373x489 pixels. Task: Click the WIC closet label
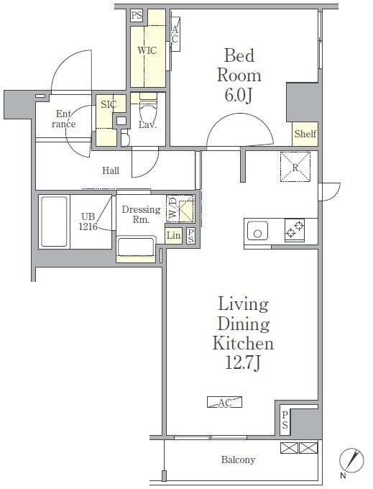coord(147,50)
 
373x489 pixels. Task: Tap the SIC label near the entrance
coord(109,104)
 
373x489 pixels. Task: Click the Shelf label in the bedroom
coord(305,134)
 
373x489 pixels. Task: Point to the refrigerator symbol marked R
coord(295,167)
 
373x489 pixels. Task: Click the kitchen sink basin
coord(257,231)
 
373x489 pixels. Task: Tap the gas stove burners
coord(295,230)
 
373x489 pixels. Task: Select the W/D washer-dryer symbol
coord(180,209)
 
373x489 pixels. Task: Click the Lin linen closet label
coord(173,235)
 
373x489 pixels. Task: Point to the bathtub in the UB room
coord(54,221)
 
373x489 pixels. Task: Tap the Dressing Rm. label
coord(141,214)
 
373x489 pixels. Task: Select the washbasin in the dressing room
coord(136,247)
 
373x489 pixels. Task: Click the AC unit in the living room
coord(225,402)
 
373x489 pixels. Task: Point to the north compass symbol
coord(351,460)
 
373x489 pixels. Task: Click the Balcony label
coord(238,460)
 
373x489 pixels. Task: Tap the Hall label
coord(111,170)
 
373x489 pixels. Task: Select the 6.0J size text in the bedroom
coord(238,95)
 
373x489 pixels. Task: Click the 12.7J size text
coord(243,362)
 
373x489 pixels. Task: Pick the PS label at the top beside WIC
coord(137,15)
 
